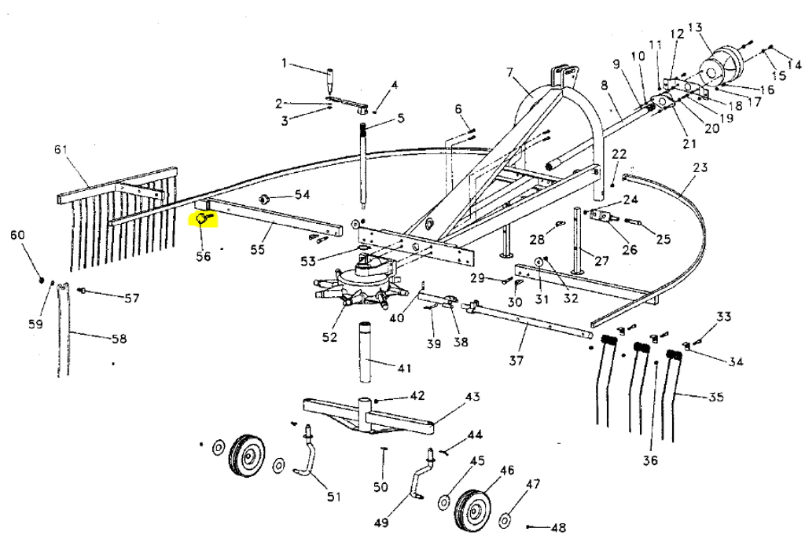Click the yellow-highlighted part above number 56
pos(203,218)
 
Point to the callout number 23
pos(700,167)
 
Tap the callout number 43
pos(472,397)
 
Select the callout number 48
pos(559,527)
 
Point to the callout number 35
pos(715,397)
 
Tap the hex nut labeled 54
pos(264,197)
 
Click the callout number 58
pos(119,339)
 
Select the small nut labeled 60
pos(39,279)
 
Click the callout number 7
pos(510,73)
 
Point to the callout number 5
pos(401,119)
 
